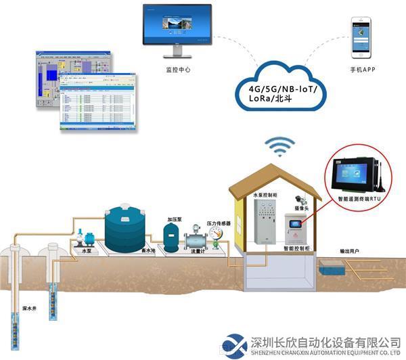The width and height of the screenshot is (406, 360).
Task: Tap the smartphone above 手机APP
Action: (360, 38)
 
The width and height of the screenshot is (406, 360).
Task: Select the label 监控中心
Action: (178, 69)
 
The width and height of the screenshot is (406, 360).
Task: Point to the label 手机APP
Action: (362, 70)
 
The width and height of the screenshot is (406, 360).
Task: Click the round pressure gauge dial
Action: (217, 232)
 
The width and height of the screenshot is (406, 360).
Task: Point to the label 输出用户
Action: (349, 251)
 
